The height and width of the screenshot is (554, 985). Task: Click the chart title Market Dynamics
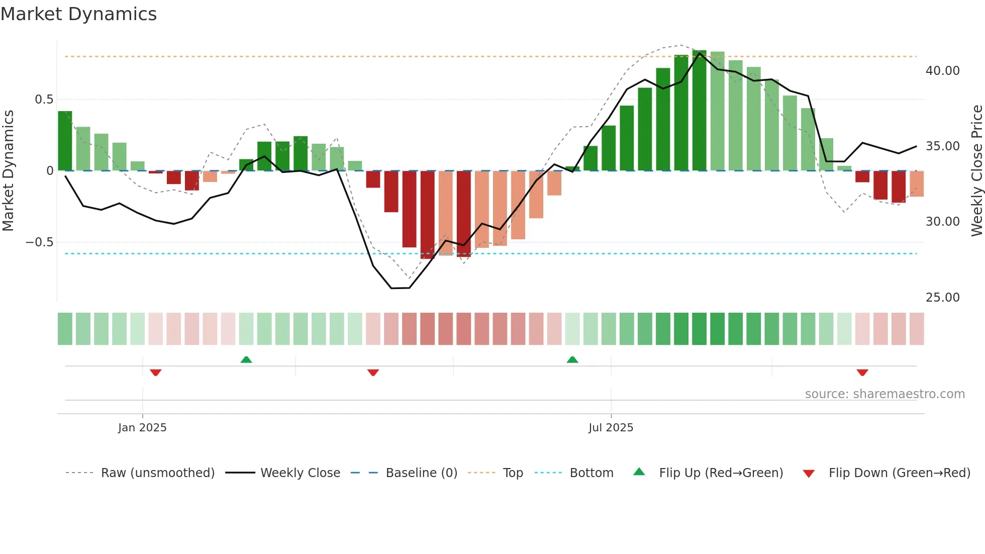click(x=79, y=14)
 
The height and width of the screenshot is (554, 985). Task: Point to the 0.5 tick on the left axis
click(x=44, y=100)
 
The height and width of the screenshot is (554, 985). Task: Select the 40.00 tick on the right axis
click(x=942, y=71)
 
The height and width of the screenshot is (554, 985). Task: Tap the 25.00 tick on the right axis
click(x=942, y=298)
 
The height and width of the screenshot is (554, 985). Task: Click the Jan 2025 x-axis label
click(x=142, y=428)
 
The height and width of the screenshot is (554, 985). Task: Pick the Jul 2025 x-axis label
click(x=611, y=428)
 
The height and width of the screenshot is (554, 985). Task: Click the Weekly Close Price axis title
click(x=976, y=171)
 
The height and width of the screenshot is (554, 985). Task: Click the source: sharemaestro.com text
click(x=884, y=394)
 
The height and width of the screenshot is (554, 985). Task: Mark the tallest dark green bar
click(x=699, y=111)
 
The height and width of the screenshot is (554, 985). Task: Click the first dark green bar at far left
click(x=65, y=141)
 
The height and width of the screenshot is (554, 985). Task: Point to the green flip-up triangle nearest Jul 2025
click(x=572, y=359)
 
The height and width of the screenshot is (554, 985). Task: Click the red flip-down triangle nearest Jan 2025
click(x=156, y=373)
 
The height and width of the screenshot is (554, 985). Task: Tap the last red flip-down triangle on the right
click(x=862, y=373)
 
